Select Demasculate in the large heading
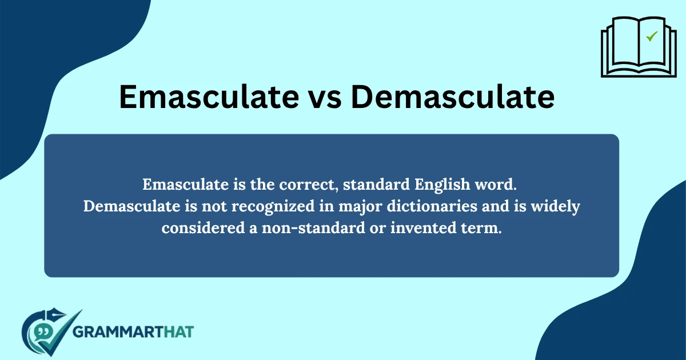pyautogui.click(x=452, y=97)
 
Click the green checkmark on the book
pyautogui.click(x=651, y=37)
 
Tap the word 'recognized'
pyautogui.click(x=263, y=206)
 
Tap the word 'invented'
pyautogui.click(x=421, y=227)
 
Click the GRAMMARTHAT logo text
pyautogui.click(x=134, y=331)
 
